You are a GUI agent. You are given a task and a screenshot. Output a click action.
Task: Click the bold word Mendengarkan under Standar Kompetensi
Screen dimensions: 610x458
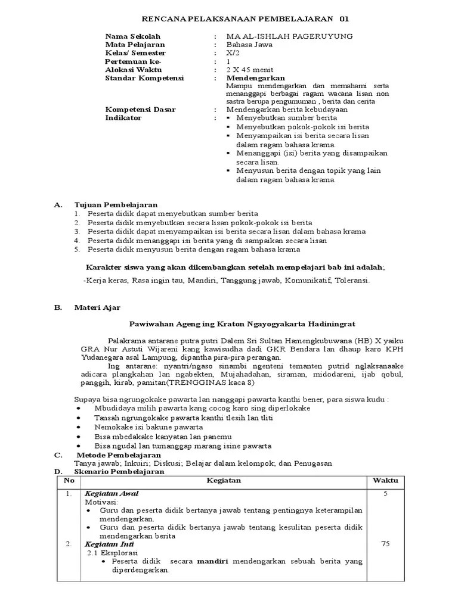256,78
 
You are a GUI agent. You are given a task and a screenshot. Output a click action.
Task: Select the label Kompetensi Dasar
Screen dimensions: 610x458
140,110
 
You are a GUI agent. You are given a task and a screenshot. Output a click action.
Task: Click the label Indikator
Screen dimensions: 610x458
123,118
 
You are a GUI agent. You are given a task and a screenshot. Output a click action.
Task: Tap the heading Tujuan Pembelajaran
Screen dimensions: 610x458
116,205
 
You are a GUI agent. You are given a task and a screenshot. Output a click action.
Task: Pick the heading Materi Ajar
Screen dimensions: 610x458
97,307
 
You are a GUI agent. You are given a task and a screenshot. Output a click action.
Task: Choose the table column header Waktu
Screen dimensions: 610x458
385,480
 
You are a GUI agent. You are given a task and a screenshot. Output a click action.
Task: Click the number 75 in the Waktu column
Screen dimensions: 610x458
385,544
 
